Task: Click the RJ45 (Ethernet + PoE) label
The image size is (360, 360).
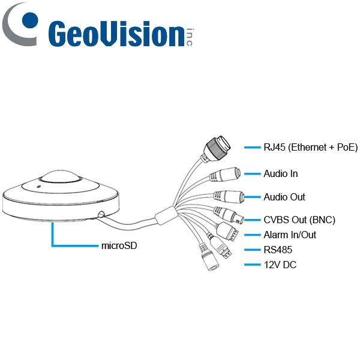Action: tap(310, 146)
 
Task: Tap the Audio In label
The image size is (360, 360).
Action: tap(280, 174)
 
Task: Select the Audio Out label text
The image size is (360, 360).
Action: tap(284, 197)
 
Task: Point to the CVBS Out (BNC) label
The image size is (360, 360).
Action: tap(299, 220)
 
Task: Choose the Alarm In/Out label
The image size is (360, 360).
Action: tap(289, 235)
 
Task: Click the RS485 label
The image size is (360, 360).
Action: tap(277, 250)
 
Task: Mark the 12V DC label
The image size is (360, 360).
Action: tap(280, 265)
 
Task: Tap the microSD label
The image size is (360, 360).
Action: tap(118, 246)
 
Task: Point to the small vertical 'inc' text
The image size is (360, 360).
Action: tap(190, 38)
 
